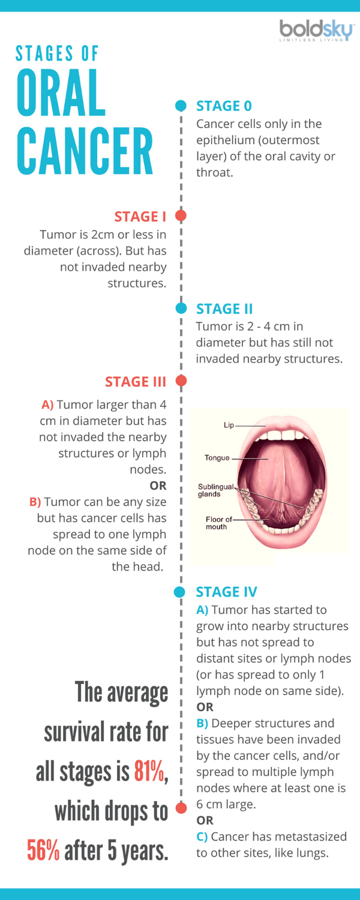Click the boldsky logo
tap(317, 31)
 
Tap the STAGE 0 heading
tap(224, 106)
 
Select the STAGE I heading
tap(140, 217)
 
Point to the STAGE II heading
tap(224, 308)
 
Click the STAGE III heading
tap(136, 381)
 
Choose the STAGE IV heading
tap(226, 592)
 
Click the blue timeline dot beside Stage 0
tap(181, 106)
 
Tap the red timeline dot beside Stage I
tap(181, 216)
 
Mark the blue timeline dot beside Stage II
tap(181, 308)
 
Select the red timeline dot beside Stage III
tap(181, 380)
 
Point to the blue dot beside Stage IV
tap(179, 592)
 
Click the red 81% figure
tap(149, 771)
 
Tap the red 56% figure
tap(43, 850)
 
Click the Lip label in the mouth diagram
tap(229, 425)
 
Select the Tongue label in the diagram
tap(217, 458)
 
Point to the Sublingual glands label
tap(215, 490)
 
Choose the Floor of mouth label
tap(218, 523)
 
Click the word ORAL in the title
tap(61, 92)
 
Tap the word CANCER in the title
tap(85, 151)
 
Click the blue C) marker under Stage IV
tap(202, 836)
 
